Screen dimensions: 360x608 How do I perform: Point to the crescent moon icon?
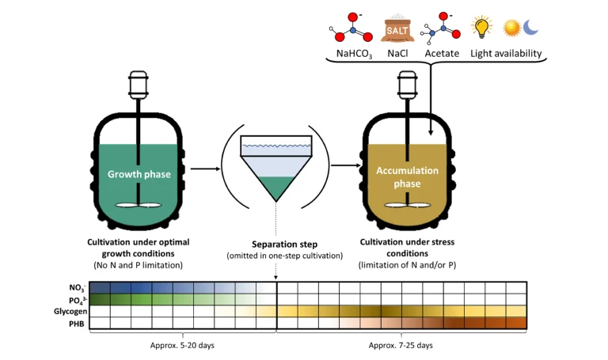[x=530, y=27]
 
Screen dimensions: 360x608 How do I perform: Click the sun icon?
[x=511, y=28]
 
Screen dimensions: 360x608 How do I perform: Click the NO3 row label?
[x=77, y=287]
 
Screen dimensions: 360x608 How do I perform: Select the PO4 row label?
[x=77, y=299]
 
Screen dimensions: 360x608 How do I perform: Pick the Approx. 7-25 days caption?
[x=401, y=345]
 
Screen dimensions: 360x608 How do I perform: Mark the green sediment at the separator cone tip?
[x=275, y=190]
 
